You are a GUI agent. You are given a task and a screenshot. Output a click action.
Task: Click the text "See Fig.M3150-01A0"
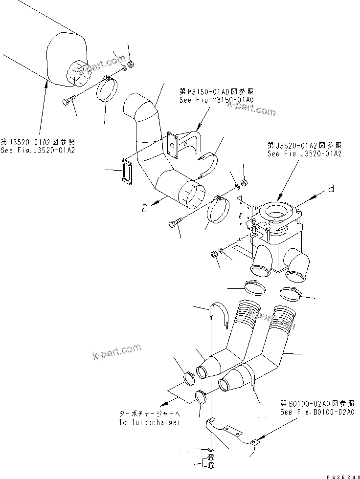[x=217, y=100]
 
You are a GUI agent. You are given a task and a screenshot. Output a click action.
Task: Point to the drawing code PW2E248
[x=341, y=475]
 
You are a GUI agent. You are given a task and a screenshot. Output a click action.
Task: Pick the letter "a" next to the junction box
[x=332, y=187]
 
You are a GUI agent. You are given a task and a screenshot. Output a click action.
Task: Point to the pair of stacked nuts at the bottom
[x=210, y=462]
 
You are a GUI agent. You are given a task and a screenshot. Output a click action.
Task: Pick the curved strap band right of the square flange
[x=209, y=166]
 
